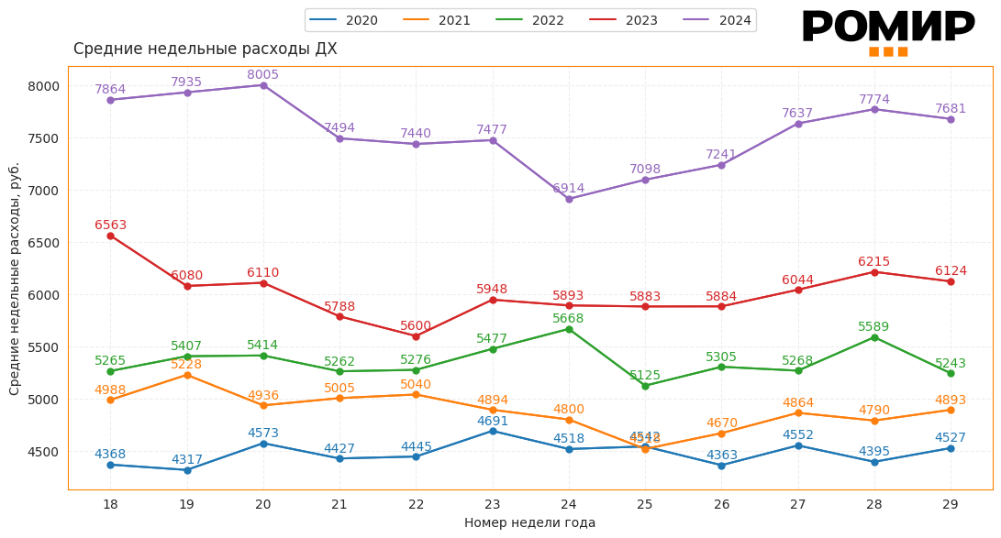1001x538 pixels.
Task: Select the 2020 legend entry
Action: click(343, 20)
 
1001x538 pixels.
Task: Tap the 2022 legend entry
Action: click(530, 20)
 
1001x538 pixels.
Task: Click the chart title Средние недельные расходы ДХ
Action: click(205, 49)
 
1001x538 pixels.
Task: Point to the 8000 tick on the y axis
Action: click(43, 86)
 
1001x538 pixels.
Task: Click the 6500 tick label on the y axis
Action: click(43, 243)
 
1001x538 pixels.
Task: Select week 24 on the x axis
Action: click(569, 505)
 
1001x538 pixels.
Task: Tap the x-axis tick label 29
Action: click(951, 505)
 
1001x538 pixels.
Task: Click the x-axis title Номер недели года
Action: click(529, 523)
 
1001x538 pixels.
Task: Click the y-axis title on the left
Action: click(15, 279)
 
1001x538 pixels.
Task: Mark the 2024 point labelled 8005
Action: click(263, 85)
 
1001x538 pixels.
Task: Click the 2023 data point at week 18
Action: click(110, 236)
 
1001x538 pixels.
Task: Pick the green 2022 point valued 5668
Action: click(569, 329)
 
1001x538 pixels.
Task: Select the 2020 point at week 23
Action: click(493, 431)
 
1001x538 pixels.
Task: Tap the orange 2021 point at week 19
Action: click(187, 375)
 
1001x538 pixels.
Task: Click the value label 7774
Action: click(873, 100)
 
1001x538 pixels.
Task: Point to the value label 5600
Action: click(416, 326)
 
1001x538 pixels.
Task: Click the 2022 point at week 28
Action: click(874, 337)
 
